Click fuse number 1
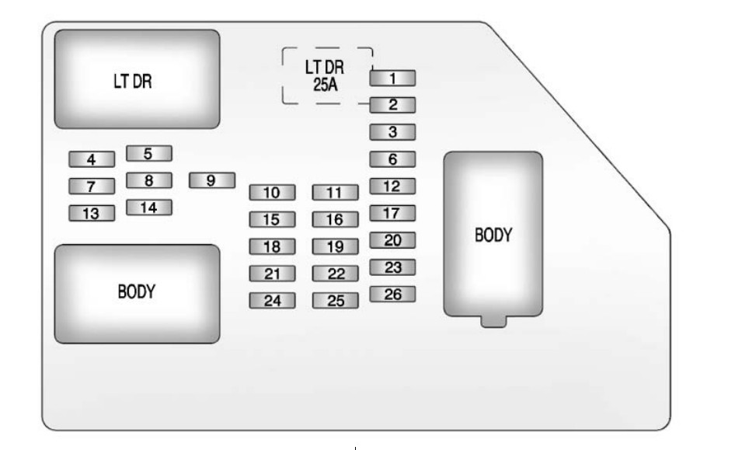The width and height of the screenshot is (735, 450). pos(392,78)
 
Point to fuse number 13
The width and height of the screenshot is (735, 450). pos(92,213)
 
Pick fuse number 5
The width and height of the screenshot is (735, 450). pos(149,153)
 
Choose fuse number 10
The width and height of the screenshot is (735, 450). pos(272,192)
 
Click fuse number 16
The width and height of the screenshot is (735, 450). pos(336,219)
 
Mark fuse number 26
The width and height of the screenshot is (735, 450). pos(392,294)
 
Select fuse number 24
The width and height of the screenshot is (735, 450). pos(272,301)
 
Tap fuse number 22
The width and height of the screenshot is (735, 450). pos(336,274)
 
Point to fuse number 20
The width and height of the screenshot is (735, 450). pos(392,240)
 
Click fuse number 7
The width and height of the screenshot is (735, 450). pos(92,187)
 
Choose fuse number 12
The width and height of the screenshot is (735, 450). pos(392,187)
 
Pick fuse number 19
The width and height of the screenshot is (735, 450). pos(336,247)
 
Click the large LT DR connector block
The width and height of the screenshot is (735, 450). pos(138,79)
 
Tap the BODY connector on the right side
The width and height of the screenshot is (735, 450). pos(493,234)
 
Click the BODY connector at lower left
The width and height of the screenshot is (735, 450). pos(138,293)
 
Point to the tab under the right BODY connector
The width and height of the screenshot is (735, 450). pos(493,321)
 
